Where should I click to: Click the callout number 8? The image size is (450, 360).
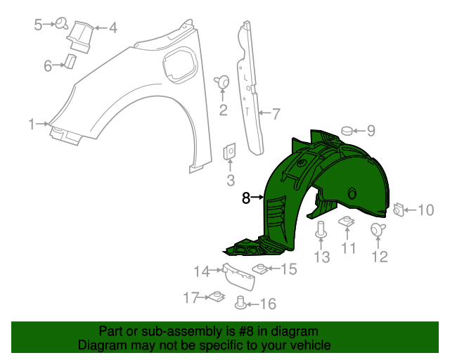[246, 198]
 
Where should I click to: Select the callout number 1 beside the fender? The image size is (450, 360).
[32, 124]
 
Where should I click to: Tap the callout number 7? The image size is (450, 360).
[276, 112]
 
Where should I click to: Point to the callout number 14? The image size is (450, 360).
[202, 271]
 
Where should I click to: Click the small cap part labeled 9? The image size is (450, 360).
[347, 130]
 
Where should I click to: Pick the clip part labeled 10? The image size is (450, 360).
[398, 210]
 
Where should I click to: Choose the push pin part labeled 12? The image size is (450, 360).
[377, 229]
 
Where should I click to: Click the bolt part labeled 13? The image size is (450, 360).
[321, 229]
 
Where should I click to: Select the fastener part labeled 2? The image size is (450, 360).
[224, 82]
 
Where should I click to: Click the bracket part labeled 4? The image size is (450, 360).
[81, 34]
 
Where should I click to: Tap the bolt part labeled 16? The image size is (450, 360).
[240, 303]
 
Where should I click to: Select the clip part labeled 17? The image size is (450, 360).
[215, 297]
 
